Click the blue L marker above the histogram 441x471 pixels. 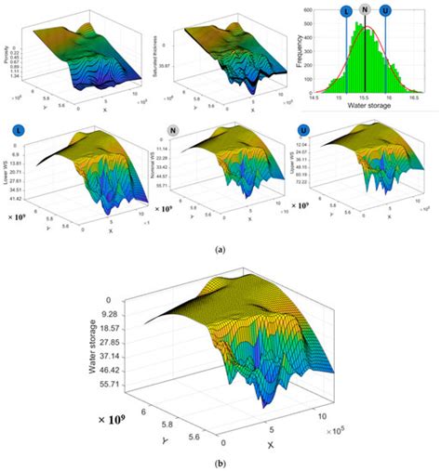[346, 11]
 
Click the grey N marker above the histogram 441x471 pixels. [366, 10]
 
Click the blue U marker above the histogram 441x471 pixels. [386, 11]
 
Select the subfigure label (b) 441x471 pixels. [220, 462]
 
